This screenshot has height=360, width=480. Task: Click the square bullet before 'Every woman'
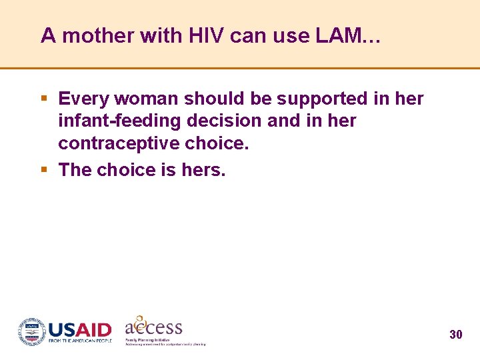pos(44,99)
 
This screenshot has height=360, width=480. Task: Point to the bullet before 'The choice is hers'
pos(44,170)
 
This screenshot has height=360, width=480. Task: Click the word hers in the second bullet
pos(203,170)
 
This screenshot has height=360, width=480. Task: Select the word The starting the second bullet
pos(75,170)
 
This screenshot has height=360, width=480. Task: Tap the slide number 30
pos(456,335)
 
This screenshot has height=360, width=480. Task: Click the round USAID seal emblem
pos(31,331)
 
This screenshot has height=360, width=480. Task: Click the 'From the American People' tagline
pos(80,341)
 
